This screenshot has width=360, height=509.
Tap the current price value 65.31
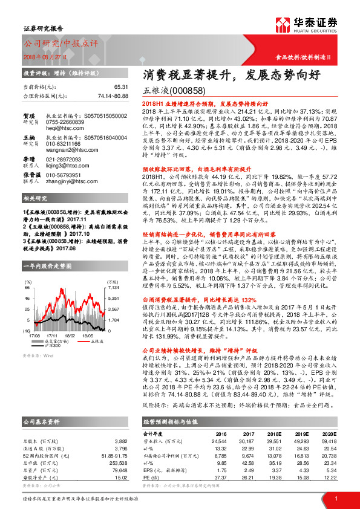(x=121, y=88)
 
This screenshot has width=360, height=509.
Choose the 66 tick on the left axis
(x=27, y=288)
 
